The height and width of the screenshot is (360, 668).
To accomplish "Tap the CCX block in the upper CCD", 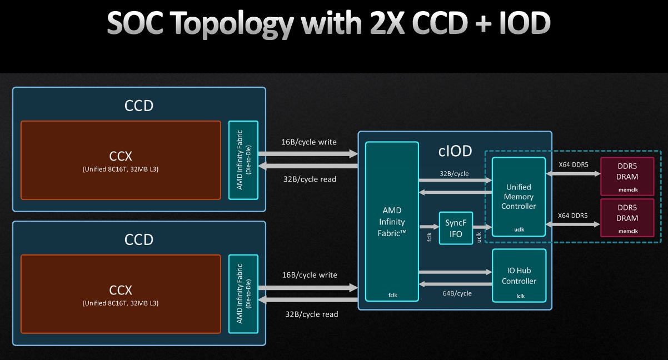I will point(121,160).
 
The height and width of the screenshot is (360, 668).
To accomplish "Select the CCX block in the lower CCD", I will point(121,294).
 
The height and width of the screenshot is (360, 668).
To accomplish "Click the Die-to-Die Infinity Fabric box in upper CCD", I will point(243,160).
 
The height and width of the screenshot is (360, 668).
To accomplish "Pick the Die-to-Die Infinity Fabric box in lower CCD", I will point(243,294).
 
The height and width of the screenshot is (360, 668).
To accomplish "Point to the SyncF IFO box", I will point(455,229).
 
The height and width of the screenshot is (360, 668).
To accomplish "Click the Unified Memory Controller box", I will point(519,196).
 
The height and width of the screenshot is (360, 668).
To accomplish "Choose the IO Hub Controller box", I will point(519,276).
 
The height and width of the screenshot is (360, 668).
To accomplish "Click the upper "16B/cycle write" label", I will point(308,142).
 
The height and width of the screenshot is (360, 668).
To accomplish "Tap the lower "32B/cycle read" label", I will point(311,314).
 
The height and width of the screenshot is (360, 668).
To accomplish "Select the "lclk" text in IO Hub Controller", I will point(520,296).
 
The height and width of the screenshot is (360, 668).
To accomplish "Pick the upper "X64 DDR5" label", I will point(572,164).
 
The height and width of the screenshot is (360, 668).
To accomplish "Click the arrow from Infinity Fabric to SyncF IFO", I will point(429,226).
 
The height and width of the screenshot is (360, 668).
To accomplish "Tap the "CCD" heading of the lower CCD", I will point(139,239).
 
